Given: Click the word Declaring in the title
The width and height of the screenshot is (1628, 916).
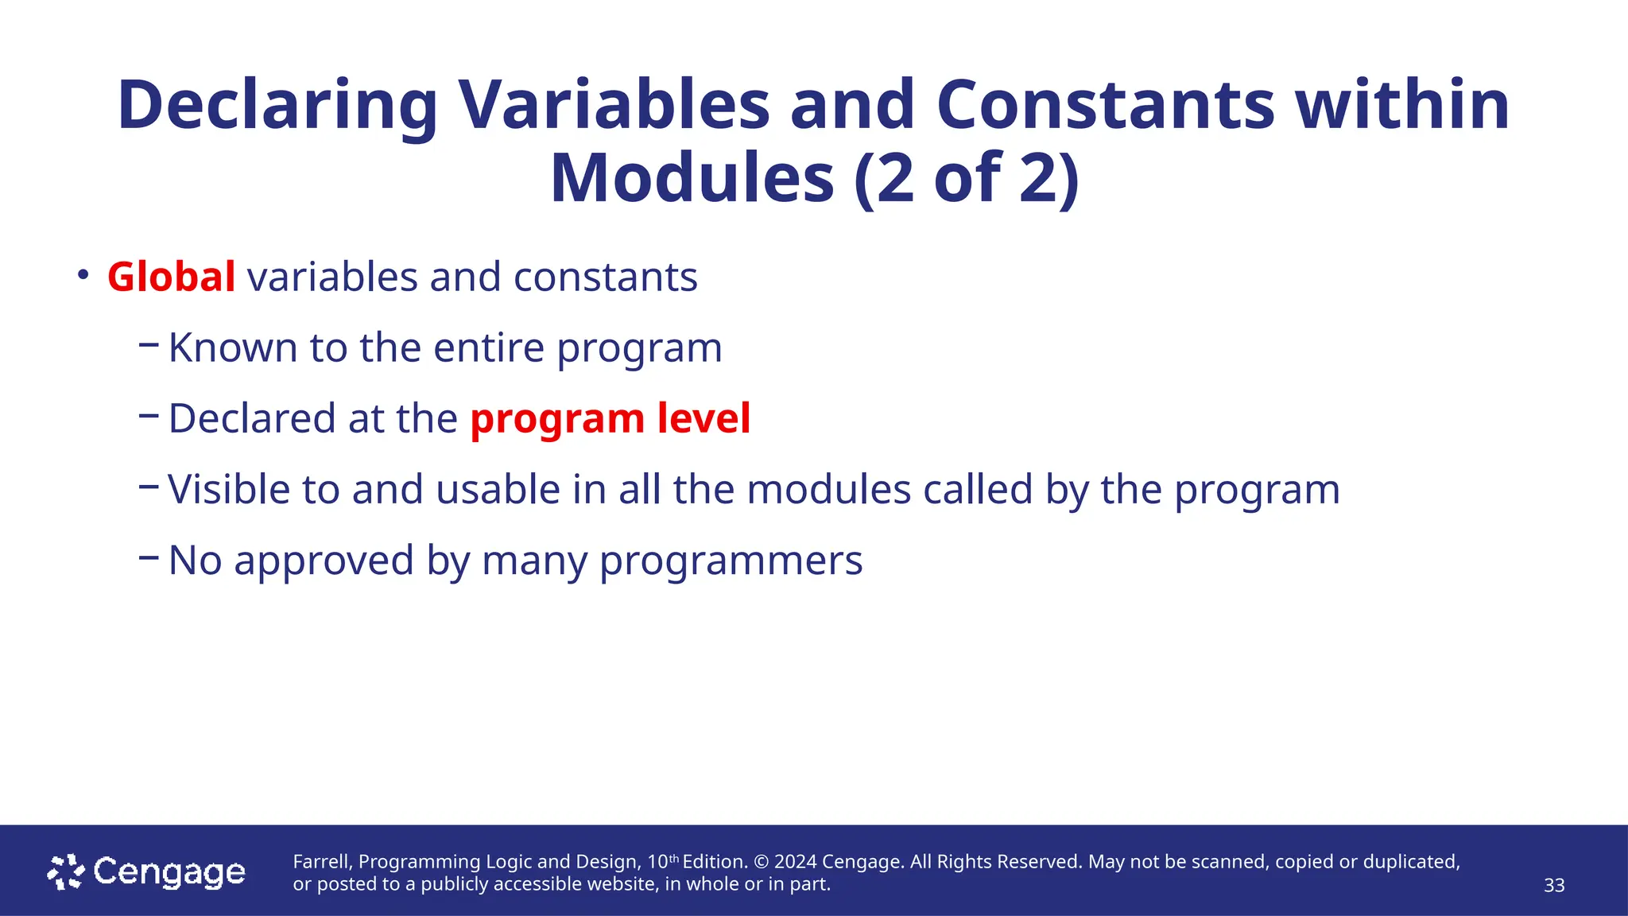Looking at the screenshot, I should click(x=277, y=106).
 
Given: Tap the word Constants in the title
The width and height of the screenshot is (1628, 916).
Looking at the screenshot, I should click(x=1106, y=106).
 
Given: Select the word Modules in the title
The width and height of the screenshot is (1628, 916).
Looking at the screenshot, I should click(x=692, y=178).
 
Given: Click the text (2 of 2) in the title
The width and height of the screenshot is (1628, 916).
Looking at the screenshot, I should click(x=967, y=178).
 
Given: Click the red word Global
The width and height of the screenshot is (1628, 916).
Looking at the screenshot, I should click(x=171, y=278).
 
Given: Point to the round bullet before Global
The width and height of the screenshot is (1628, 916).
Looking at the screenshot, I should click(x=83, y=275).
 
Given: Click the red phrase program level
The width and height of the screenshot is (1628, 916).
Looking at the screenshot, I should click(x=610, y=419).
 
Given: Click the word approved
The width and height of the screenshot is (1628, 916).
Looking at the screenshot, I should click(x=324, y=561).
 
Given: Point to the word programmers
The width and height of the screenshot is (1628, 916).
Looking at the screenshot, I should click(x=731, y=561).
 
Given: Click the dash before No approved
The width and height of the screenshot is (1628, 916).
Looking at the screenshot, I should click(x=148, y=557).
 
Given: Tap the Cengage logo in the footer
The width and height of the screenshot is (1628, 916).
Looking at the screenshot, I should click(x=146, y=872).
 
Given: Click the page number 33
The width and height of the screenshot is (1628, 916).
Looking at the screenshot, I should click(x=1553, y=886).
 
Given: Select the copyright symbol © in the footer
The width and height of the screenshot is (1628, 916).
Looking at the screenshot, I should click(x=761, y=862).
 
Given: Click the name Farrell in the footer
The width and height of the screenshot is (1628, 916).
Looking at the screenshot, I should click(x=320, y=862).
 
